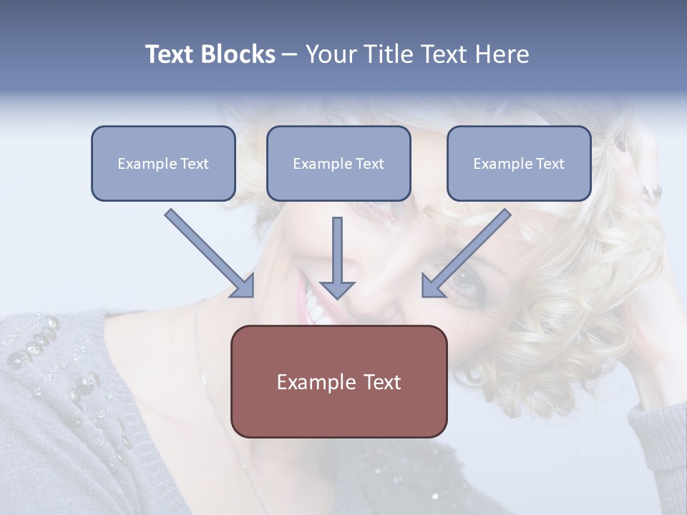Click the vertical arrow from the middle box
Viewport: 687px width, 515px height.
click(337, 257)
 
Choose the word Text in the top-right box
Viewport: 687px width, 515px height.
click(550, 164)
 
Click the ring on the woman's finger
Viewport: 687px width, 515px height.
click(653, 192)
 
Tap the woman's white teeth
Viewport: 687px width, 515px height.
click(314, 304)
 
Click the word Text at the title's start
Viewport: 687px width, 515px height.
click(170, 54)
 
